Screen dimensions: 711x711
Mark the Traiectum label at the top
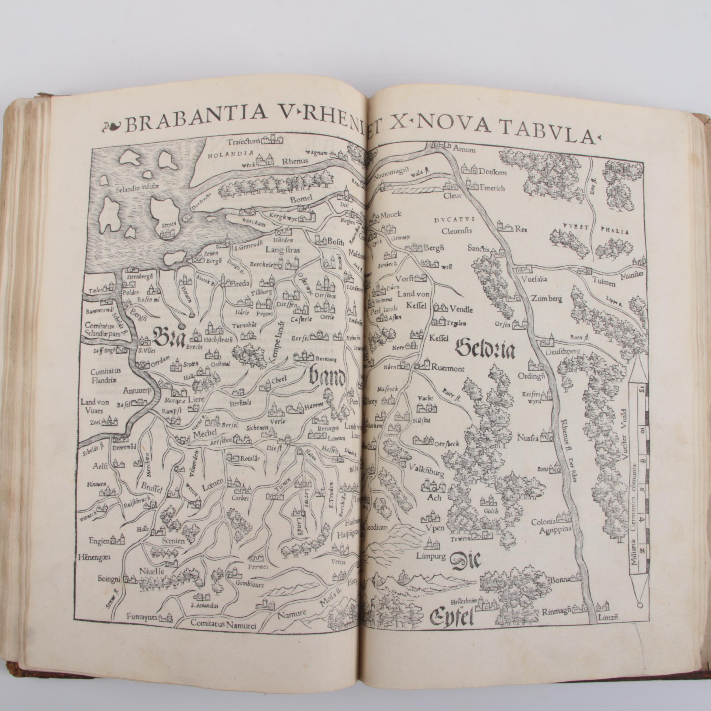pyautogui.click(x=243, y=141)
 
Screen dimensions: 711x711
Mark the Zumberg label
pyautogui.click(x=546, y=298)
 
